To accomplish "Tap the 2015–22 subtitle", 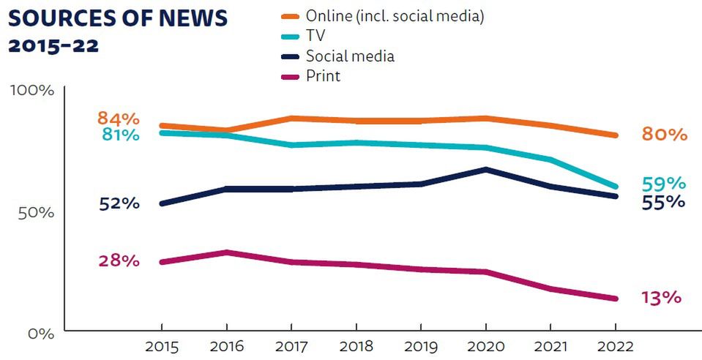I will pos(53,45).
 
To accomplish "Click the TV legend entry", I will pos(315,36).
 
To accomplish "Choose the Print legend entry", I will pos(323,75).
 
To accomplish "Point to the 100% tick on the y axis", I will pos(31,91).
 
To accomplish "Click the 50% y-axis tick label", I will pos(36,212).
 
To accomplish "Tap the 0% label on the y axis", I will pos(40,334).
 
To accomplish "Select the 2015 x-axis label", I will pos(162,347).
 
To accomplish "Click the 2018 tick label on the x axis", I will pos(356,347).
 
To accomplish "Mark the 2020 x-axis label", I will pos(485,347).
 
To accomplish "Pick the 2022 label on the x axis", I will pos(615,347).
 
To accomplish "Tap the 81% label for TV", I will pos(118,135).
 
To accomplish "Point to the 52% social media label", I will pos(119,203).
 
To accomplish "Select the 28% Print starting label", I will pos(119,260).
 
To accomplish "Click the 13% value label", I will pos(661,298).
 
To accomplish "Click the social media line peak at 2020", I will pos(485,170).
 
